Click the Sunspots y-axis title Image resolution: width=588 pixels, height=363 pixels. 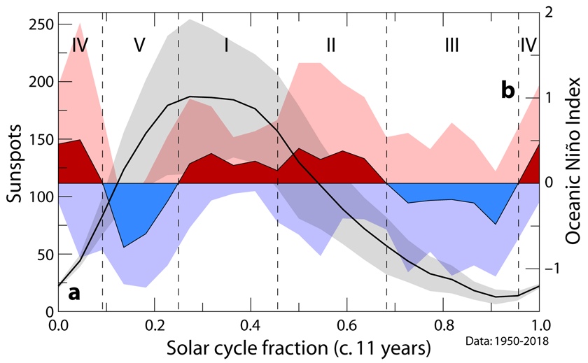(x=15, y=164)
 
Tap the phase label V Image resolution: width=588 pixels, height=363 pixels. (x=139, y=45)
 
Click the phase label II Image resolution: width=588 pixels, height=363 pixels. (x=331, y=45)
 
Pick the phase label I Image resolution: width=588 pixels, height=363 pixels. (x=227, y=45)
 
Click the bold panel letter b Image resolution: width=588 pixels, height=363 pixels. (x=508, y=90)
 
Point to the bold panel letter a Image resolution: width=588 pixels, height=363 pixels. (x=73, y=293)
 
